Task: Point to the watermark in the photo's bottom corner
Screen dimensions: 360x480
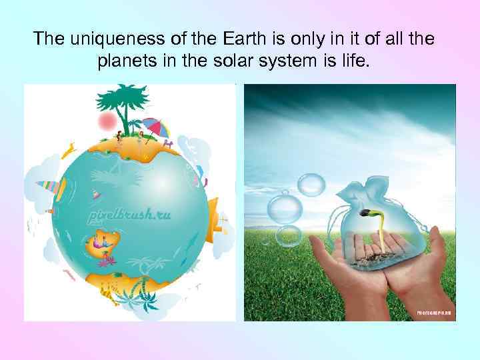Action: coord(434,312)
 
